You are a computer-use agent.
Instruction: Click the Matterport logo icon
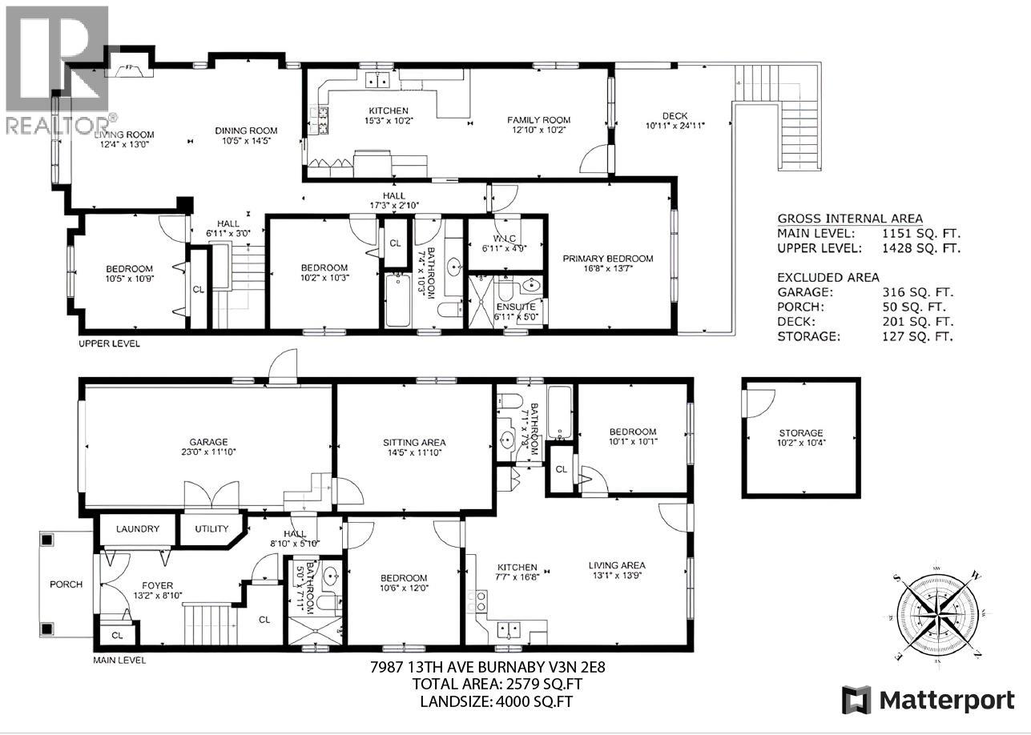(856, 700)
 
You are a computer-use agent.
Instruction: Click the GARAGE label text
(208, 442)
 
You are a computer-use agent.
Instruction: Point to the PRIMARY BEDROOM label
(607, 259)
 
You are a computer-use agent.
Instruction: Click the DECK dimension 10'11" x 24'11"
(677, 126)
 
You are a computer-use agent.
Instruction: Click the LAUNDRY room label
(137, 529)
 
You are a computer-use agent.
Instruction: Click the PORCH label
(66, 584)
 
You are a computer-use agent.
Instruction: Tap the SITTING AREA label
(413, 442)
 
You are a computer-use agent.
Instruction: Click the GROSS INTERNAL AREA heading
(849, 219)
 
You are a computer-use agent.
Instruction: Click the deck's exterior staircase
(793, 120)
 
